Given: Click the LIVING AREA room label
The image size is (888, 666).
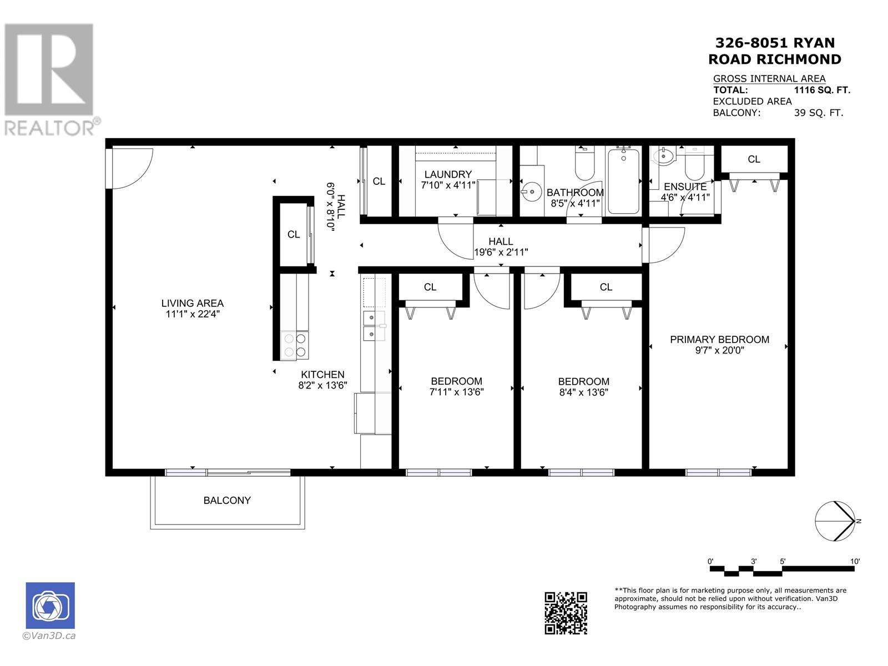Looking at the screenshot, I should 192,303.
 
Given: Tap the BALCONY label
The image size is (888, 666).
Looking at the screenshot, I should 227,500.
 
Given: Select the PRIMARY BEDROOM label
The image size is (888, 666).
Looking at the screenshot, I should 719,339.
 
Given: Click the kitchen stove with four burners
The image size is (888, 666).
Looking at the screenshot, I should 295,345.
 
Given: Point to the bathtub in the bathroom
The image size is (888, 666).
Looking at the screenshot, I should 624,180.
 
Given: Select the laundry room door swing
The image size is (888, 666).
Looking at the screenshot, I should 455,239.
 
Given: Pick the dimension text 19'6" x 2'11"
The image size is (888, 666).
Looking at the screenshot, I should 501,252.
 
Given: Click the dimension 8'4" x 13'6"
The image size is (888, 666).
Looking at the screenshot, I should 583,392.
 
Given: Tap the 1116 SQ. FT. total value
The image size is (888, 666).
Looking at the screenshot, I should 822,90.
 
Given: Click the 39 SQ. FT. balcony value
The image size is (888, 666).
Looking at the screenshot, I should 818,113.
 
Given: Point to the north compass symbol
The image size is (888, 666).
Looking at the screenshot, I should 835,521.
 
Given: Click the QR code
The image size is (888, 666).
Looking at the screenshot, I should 566,613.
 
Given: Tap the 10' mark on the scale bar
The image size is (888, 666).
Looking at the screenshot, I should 855,562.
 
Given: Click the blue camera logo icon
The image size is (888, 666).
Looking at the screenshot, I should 50,606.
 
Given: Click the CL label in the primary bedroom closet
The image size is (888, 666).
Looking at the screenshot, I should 754,159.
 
